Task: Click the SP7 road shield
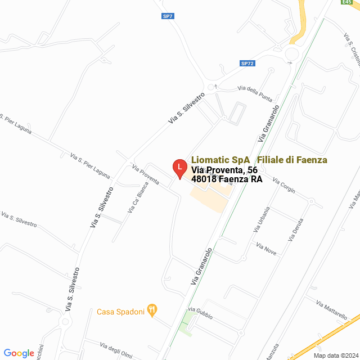click(167, 16)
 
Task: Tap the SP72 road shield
click(247, 64)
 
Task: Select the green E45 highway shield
click(346, 2)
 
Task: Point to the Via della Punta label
click(255, 92)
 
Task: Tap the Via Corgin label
click(283, 186)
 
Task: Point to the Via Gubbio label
click(200, 313)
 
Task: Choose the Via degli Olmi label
click(116, 349)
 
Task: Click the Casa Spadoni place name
click(121, 311)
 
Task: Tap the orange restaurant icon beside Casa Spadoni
click(152, 310)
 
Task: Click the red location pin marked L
click(179, 168)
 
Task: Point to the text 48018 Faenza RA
click(227, 179)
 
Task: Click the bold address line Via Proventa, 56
click(224, 170)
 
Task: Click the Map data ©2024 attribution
click(335, 355)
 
